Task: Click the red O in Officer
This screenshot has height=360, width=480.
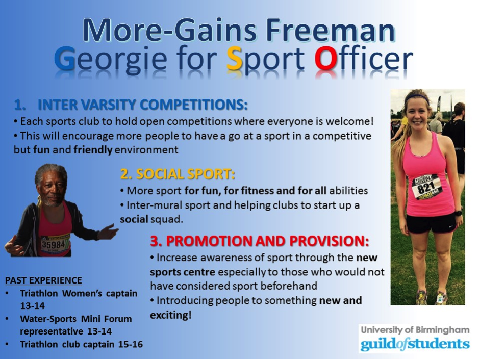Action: coord(326,60)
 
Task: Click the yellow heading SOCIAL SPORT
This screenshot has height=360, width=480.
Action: coord(178,174)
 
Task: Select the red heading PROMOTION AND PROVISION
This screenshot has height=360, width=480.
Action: coord(260,241)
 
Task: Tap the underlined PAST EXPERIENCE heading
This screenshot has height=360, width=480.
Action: coord(43,280)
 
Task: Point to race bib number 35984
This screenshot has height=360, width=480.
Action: coord(55,244)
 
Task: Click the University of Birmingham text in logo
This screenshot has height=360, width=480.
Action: coord(414,330)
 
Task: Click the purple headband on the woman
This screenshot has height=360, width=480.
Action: coord(417,95)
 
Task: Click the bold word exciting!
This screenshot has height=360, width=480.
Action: coord(171,315)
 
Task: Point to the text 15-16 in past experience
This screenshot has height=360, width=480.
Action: coord(129,344)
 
